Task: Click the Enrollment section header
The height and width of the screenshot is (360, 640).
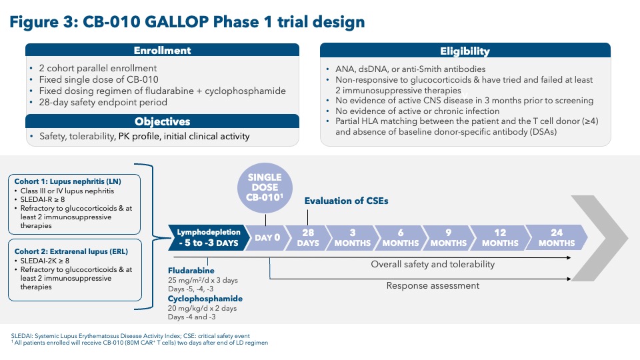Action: (162, 51)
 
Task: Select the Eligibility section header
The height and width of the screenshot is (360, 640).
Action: (465, 51)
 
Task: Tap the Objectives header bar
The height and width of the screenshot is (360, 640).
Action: (162, 121)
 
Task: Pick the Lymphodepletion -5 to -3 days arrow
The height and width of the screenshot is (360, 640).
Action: (207, 237)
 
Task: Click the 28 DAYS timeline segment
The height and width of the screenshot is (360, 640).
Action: (308, 237)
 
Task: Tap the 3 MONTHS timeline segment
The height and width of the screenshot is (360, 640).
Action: (353, 237)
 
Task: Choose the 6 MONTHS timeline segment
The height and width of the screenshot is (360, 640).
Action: (401, 237)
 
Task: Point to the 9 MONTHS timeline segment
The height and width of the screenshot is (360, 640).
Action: (449, 237)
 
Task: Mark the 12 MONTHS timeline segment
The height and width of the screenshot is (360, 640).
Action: (499, 237)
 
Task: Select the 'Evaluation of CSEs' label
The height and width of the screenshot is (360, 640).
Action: (345, 200)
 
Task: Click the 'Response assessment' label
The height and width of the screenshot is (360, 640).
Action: (433, 285)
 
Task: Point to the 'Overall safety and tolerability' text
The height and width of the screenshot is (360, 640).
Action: (433, 264)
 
